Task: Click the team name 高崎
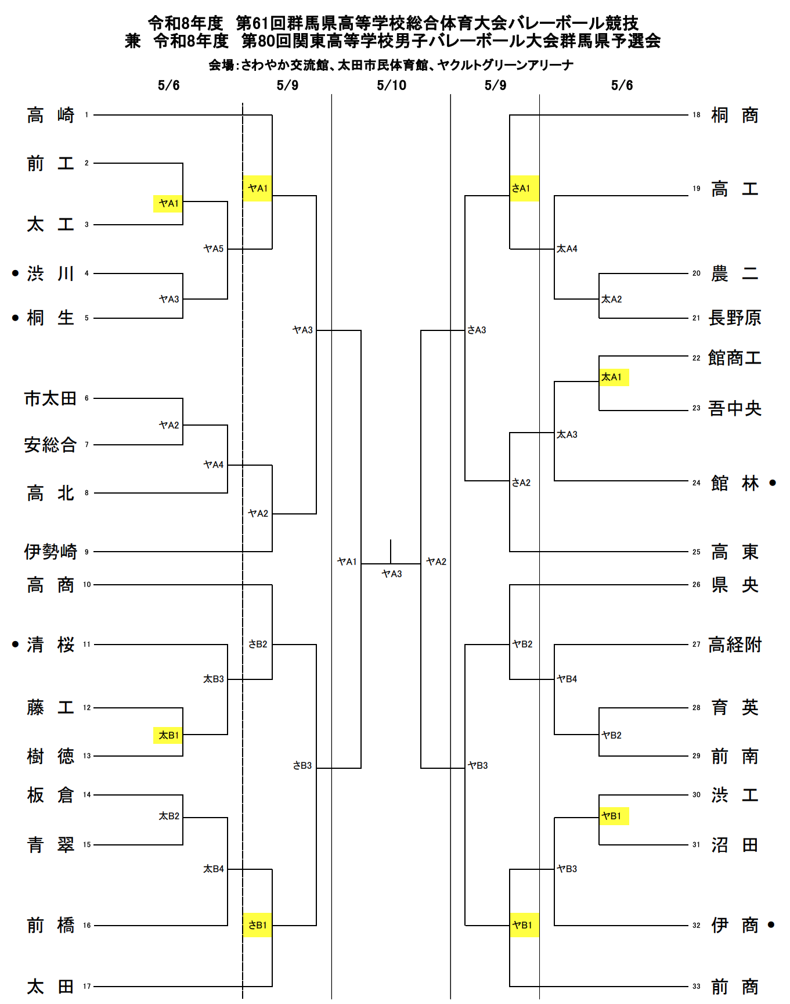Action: pos(50,115)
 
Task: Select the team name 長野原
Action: pos(734,318)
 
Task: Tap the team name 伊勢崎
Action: pos(50,552)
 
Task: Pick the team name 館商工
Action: pos(734,358)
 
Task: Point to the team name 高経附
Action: pos(734,645)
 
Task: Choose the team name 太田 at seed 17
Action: pos(50,987)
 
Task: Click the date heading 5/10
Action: pos(391,85)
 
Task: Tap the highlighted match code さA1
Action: pos(521,188)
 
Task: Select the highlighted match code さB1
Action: pos(258,925)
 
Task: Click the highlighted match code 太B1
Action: pos(168,735)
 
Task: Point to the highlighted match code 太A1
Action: pos(612,377)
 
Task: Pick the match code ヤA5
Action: pos(213,249)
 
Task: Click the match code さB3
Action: pos(302,765)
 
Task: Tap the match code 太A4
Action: pos(567,249)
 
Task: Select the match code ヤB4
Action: pos(567,679)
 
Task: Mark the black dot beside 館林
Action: pos(773,483)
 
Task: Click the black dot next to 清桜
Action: pos(16,644)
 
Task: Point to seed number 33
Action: pos(697,987)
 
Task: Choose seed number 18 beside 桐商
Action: pos(697,115)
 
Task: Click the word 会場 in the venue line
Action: pos(221,65)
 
